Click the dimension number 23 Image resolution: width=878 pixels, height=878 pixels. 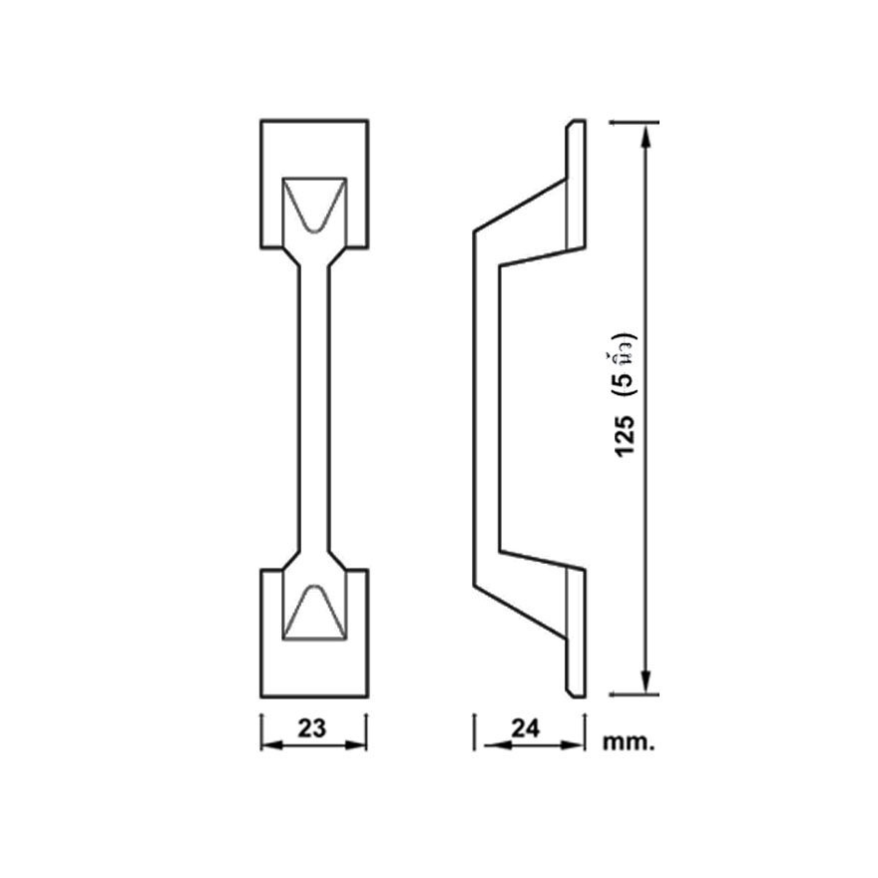(311, 728)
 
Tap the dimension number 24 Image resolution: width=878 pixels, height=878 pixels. (525, 728)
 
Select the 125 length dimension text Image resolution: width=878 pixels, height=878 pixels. (625, 436)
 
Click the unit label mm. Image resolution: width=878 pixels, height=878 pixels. (628, 742)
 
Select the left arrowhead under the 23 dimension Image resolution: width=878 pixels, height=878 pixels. (272, 745)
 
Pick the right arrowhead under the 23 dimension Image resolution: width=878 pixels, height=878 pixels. (355, 745)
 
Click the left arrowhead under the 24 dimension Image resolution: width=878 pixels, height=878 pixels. (496, 745)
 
